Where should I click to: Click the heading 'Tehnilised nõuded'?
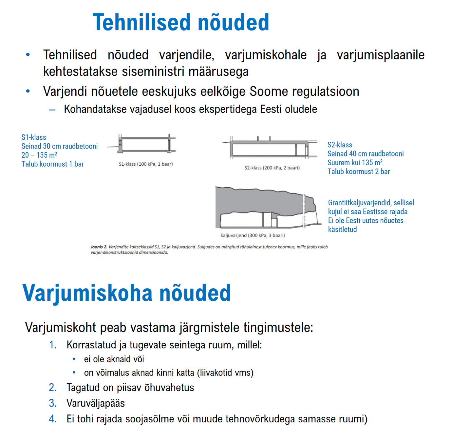[181, 22]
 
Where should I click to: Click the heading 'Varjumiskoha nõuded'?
[126, 293]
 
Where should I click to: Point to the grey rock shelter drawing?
[265, 207]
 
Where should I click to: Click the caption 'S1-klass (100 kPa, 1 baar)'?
[146, 164]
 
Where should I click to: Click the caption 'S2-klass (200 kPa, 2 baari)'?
[272, 168]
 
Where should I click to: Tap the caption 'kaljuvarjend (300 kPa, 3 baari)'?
[253, 235]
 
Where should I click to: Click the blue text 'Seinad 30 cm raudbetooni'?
[60, 146]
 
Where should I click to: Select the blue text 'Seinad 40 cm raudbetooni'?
[366, 154]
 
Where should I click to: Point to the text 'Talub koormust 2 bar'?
[359, 172]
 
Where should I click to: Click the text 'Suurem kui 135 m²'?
[355, 163]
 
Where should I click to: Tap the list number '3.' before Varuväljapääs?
[52, 403]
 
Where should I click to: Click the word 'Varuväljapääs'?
[96, 403]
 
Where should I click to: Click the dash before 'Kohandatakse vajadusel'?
[52, 110]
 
